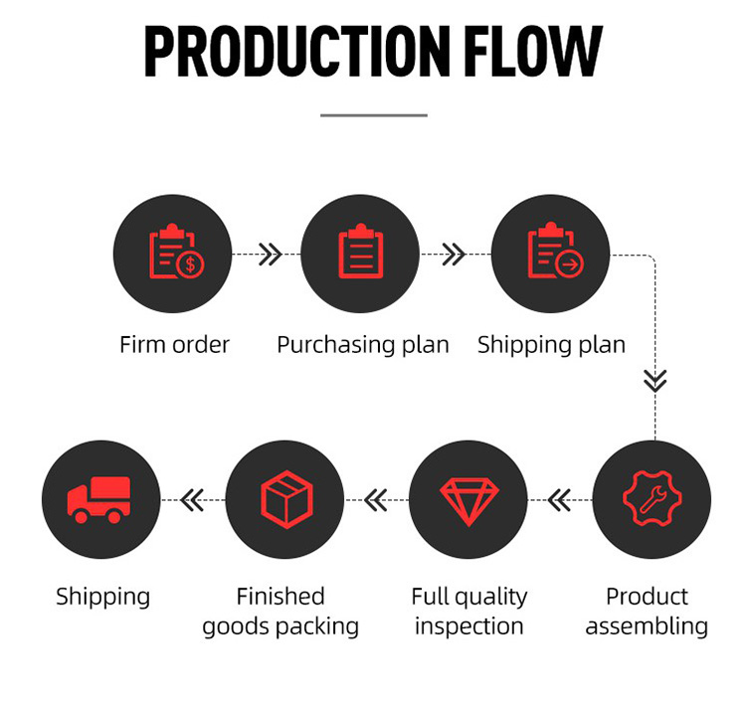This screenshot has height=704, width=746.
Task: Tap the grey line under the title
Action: pos(373,115)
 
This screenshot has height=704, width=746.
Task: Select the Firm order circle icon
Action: pos(173,255)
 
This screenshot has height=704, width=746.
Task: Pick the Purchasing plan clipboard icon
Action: pos(360,255)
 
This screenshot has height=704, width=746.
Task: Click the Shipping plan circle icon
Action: pos(552,255)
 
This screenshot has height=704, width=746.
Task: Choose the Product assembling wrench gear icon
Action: pos(653,498)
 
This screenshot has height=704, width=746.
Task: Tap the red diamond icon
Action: pos(468,498)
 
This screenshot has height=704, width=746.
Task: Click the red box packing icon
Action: pos(285,498)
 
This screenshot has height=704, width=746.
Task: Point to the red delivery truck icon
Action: pos(99,498)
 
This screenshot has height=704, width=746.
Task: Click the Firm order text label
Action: pos(174,345)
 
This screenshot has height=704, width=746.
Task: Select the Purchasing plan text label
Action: pos(362,345)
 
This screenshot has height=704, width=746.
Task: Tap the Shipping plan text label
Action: pos(551,345)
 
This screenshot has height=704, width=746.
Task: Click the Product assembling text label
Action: pos(647,611)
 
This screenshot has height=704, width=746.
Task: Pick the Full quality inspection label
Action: pos(468,611)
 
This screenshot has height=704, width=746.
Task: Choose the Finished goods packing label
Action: pos(280,611)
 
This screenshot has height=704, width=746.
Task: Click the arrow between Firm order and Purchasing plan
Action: pos(269,256)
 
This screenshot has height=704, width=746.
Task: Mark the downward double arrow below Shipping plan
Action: pos(654,380)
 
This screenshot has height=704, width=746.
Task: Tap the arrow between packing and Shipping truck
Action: pos(192,499)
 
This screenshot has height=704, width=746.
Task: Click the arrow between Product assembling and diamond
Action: pos(560,499)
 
